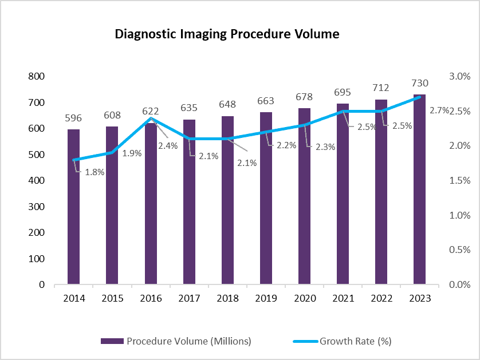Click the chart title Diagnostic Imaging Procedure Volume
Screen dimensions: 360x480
coord(227,34)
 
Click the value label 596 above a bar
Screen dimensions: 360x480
coord(73,118)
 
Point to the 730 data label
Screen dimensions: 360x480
coord(420,84)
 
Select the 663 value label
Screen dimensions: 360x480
coord(266,101)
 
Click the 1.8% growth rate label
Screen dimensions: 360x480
coord(95,172)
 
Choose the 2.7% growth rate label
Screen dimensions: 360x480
coord(438,110)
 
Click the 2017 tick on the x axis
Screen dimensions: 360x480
coord(189,298)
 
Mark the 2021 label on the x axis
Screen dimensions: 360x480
coord(343,298)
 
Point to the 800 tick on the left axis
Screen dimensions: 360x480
coord(37,77)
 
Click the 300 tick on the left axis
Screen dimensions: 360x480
coord(37,207)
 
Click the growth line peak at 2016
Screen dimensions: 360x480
coord(151,118)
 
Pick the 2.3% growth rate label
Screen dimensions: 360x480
coord(325,147)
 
